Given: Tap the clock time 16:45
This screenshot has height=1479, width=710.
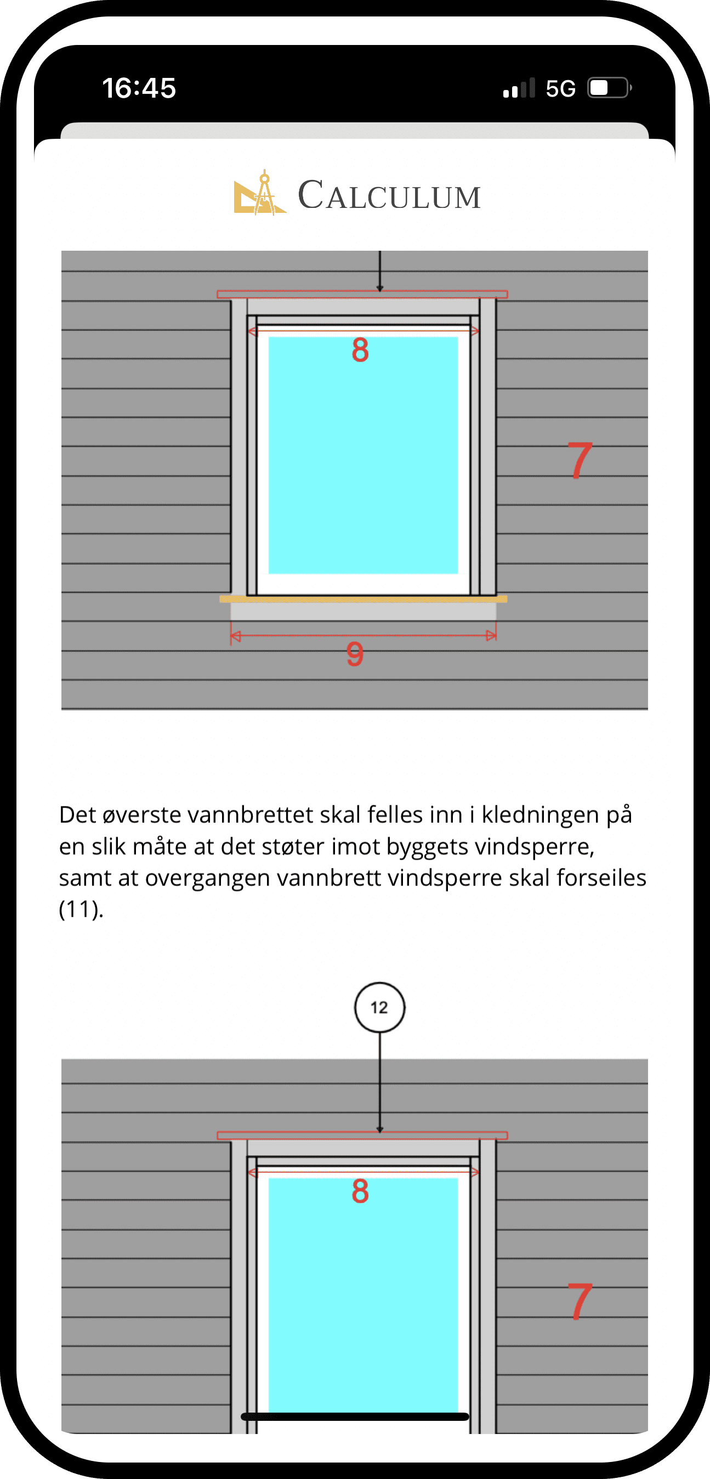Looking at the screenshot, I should click(139, 88).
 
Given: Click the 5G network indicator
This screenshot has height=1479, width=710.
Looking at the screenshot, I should click(560, 89).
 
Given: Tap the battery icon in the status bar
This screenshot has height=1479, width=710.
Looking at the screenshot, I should click(609, 88).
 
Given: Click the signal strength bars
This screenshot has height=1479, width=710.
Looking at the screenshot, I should click(519, 89).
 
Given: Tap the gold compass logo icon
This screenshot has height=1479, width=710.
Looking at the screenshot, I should click(259, 194).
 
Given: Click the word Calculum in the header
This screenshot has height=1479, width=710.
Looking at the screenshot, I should click(389, 196).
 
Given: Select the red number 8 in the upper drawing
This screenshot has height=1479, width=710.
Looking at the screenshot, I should click(360, 350).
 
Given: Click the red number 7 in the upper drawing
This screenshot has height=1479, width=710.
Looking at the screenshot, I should click(580, 460).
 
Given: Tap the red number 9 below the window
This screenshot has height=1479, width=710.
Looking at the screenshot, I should click(355, 654).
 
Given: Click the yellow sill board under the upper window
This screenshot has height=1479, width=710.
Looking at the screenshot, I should click(363, 599).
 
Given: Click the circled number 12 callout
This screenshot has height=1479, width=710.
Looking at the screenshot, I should click(379, 1007).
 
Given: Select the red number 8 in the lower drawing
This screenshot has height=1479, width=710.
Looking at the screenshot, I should click(360, 1192).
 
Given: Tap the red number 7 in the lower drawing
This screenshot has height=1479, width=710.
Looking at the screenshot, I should click(580, 1302).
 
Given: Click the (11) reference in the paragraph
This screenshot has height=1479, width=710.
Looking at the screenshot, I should click(81, 910).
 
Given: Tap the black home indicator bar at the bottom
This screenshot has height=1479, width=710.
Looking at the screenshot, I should click(355, 1416).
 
